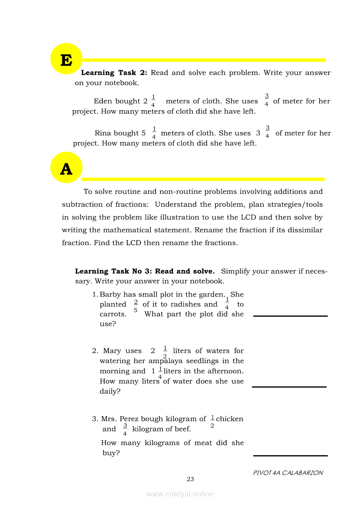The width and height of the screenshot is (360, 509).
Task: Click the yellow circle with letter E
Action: pyautogui.click(x=66, y=59)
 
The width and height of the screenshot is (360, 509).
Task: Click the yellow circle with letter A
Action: pyautogui.click(x=66, y=168)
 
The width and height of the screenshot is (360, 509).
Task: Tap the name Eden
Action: pyautogui.click(x=103, y=101)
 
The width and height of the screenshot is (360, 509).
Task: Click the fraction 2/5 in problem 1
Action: pyautogui.click(x=136, y=306)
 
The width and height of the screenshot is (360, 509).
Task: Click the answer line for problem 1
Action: pyautogui.click(x=290, y=316)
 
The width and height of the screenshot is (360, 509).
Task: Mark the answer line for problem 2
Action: pyautogui.click(x=289, y=386)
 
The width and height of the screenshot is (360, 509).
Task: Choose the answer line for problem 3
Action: pyautogui.click(x=290, y=455)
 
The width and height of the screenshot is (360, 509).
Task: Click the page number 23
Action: pyautogui.click(x=190, y=479)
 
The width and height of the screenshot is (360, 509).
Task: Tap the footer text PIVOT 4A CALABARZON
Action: pyautogui.click(x=288, y=473)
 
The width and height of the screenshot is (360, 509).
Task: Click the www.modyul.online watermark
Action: pyautogui.click(x=180, y=494)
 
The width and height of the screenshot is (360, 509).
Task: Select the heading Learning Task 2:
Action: pyautogui.click(x=115, y=73)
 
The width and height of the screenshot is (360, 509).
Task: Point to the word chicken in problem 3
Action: pyautogui.click(x=230, y=419)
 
